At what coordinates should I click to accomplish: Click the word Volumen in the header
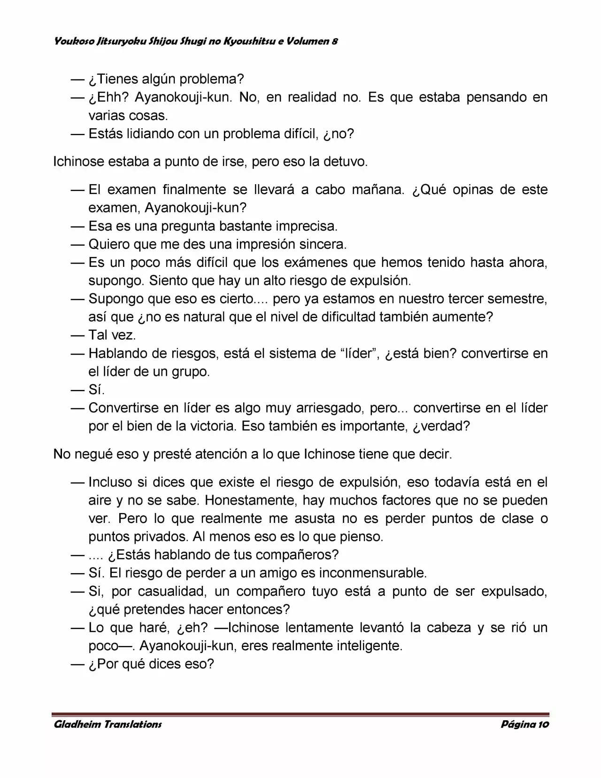[309, 41]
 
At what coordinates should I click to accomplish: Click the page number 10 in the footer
[544, 724]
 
